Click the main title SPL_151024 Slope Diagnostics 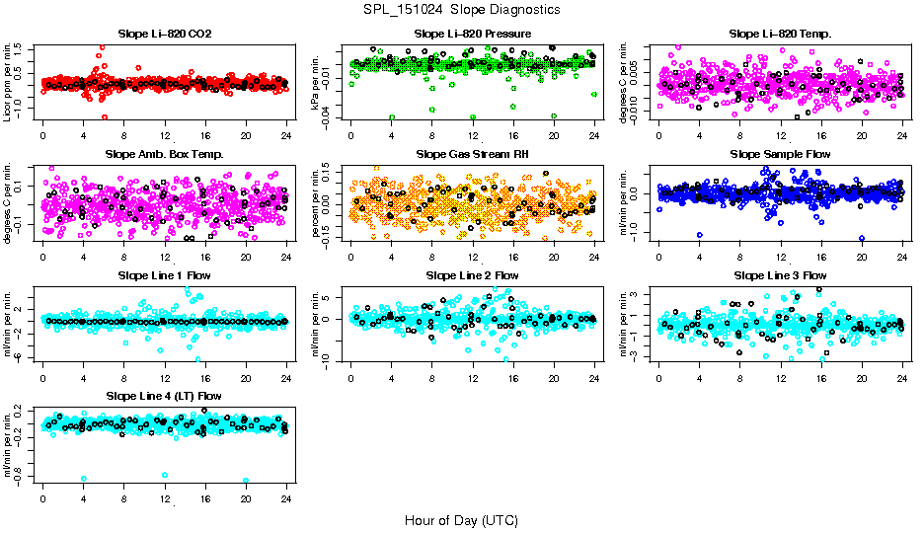click(x=461, y=10)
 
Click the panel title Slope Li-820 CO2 click(x=164, y=35)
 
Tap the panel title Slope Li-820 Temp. click(x=780, y=35)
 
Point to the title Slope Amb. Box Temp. click(x=164, y=155)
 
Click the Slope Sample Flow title click(x=780, y=155)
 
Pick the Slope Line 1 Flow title click(x=164, y=275)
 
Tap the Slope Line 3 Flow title click(x=780, y=275)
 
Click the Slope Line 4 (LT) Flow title click(x=164, y=396)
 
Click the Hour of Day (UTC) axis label click(x=461, y=520)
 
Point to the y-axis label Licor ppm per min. click(x=9, y=82)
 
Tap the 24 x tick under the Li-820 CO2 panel click(x=286, y=134)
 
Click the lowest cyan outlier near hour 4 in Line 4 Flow click(x=83, y=479)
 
